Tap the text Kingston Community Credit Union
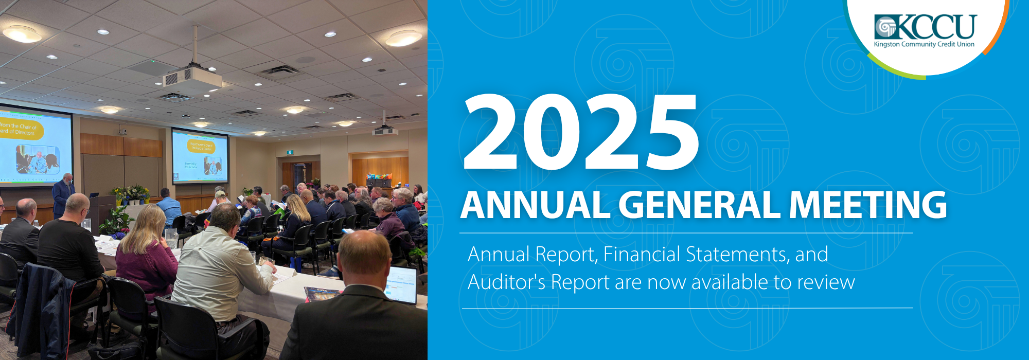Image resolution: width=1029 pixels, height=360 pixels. pos(924,45)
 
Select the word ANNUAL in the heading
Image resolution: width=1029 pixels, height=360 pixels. pos(535,205)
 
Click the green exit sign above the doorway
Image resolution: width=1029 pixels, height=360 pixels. pos(290,152)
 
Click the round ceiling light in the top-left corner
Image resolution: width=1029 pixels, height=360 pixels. pos(22,34)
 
